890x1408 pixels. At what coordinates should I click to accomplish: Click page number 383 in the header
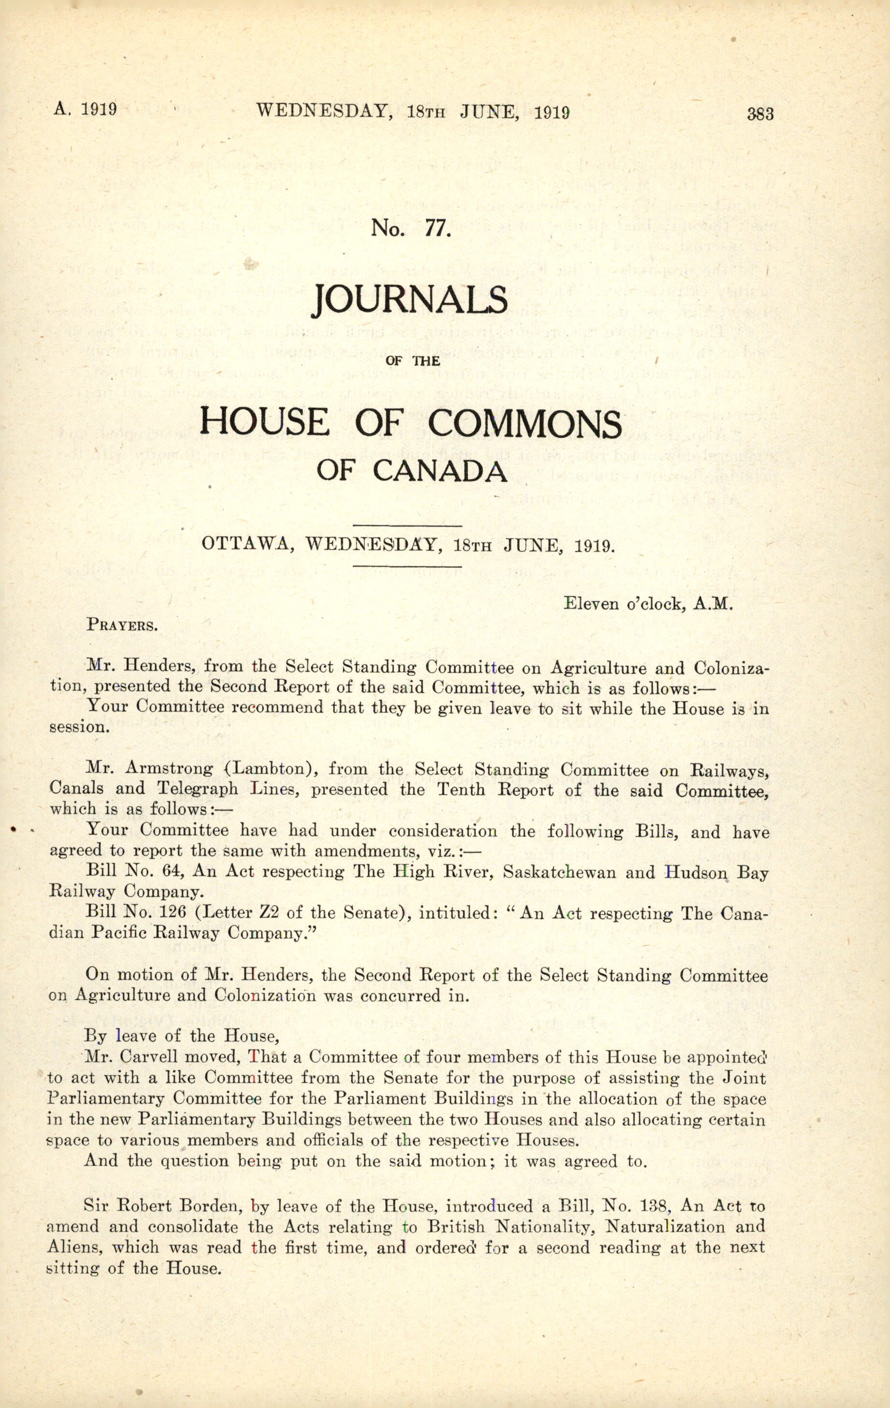(x=760, y=114)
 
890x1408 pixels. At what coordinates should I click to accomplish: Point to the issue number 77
(x=436, y=228)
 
